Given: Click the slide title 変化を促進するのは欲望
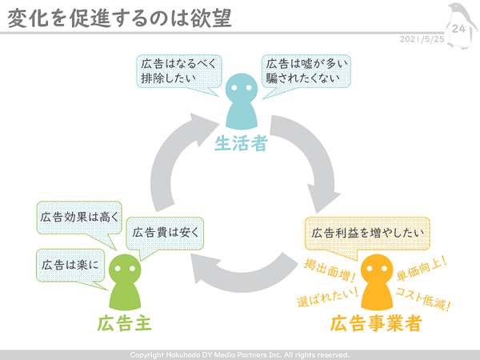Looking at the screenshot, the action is pos(119,18).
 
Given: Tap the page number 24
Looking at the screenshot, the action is pos(458,29).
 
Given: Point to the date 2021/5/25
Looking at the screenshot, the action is pos(422,39).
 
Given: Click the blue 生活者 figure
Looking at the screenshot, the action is pos(242,102).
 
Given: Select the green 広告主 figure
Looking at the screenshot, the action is pos(125,282).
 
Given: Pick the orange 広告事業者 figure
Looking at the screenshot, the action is pos(377,282).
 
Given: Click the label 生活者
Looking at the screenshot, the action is pos(242,143).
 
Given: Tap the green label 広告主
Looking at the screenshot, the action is pos(125,323).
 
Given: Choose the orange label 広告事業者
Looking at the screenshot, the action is pos(376,323).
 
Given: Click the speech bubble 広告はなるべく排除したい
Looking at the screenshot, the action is pos(178,71).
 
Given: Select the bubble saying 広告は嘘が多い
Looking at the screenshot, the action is pos(306,71).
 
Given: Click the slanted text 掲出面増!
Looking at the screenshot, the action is pos(330,270).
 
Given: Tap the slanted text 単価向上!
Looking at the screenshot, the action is pos(422,269).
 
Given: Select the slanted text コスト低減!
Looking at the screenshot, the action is pos(423,299).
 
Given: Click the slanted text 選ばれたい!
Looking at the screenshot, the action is pos(327,297).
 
